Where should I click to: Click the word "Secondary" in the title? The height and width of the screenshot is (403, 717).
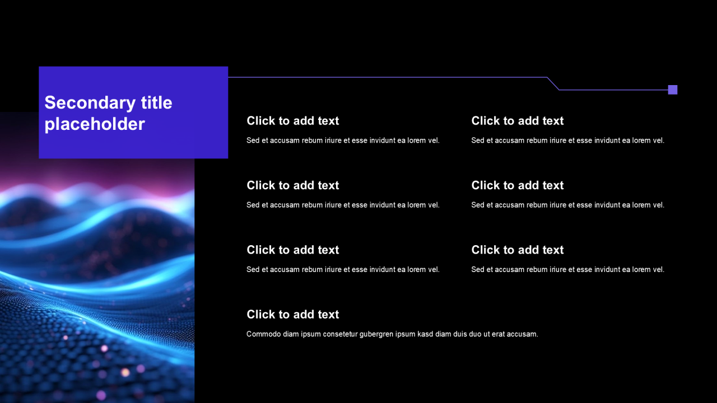90,103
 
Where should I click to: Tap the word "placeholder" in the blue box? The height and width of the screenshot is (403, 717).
95,124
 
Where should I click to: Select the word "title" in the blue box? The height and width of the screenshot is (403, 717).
156,102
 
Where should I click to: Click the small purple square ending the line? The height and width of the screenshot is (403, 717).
673,90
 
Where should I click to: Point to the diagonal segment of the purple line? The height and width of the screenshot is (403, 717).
553,83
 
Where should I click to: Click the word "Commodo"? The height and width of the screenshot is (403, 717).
263,334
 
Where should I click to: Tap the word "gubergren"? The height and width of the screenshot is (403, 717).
376,335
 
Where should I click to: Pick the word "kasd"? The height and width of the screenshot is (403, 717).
425,334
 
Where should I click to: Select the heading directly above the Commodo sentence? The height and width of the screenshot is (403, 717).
292,315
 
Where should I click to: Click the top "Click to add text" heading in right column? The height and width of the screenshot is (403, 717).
517,121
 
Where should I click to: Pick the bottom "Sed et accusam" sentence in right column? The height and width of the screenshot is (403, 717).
567,269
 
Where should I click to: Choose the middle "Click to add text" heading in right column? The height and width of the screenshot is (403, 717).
517,185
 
